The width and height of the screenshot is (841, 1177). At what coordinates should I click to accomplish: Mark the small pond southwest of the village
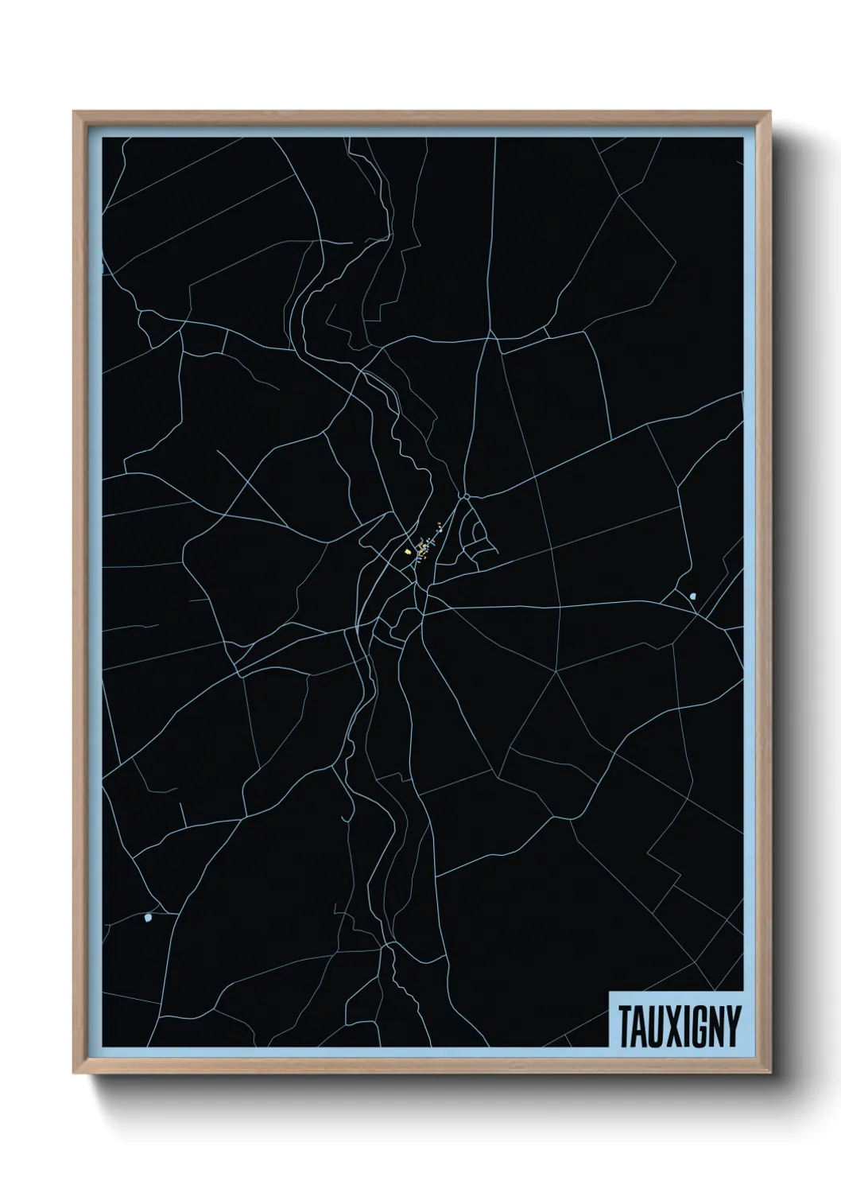[x=148, y=920]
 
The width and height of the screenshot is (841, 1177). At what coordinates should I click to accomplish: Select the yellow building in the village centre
[x=408, y=550]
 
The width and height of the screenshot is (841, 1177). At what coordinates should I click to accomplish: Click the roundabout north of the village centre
[x=467, y=498]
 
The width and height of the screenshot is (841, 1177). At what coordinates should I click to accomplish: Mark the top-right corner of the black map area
[x=742, y=138]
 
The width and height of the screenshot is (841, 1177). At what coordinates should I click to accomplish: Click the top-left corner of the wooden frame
[x=73, y=111]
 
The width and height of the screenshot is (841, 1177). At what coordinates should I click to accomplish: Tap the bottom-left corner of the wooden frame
[x=73, y=1075]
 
